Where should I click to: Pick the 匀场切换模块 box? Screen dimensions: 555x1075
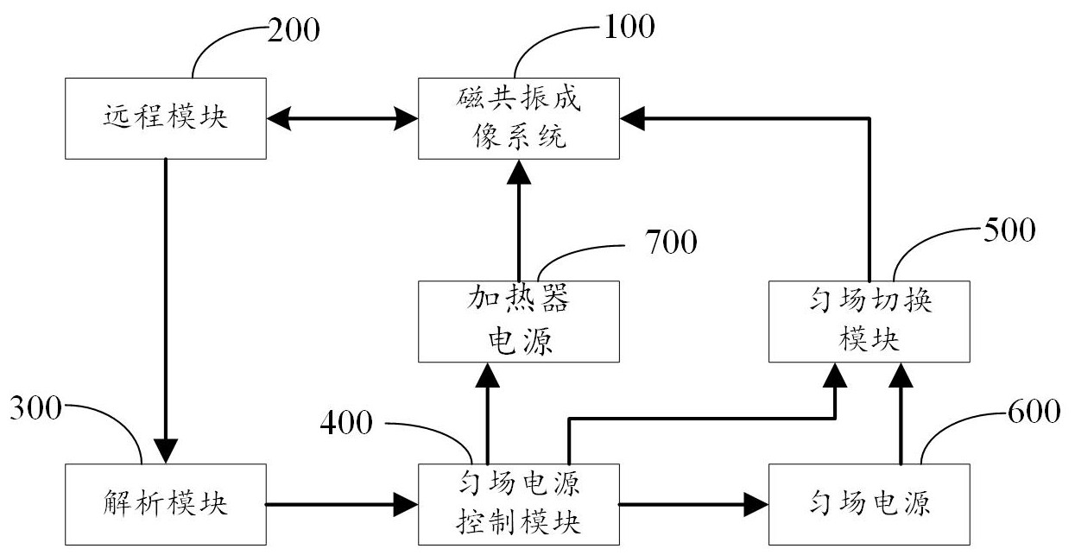(869, 321)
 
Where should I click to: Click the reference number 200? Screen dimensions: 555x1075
(293, 30)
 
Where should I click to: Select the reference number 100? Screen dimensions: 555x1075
(628, 27)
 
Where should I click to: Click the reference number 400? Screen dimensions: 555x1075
(346, 423)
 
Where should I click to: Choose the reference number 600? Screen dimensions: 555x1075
(1033, 413)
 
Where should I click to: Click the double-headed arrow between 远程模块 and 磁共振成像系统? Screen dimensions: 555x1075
(343, 117)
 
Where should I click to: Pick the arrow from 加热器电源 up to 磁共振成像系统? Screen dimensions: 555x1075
(519, 220)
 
